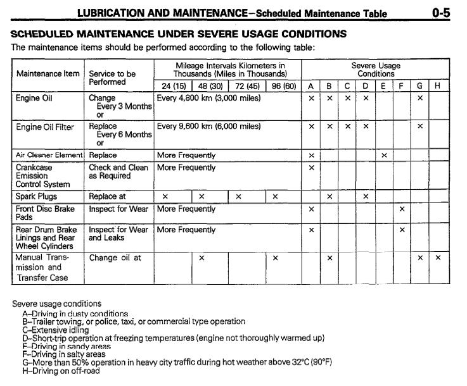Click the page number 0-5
(442, 11)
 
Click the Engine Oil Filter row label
(44, 127)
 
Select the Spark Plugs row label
(37, 196)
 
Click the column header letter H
(438, 86)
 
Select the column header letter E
(384, 86)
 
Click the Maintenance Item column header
(48, 73)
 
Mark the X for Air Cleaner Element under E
(384, 155)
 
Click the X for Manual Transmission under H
(438, 258)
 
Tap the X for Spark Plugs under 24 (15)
(165, 197)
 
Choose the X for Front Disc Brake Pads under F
(402, 209)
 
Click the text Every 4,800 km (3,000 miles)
(208, 98)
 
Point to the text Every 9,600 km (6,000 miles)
(208, 127)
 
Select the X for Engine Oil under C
(347, 99)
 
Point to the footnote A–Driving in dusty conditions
(74, 313)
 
